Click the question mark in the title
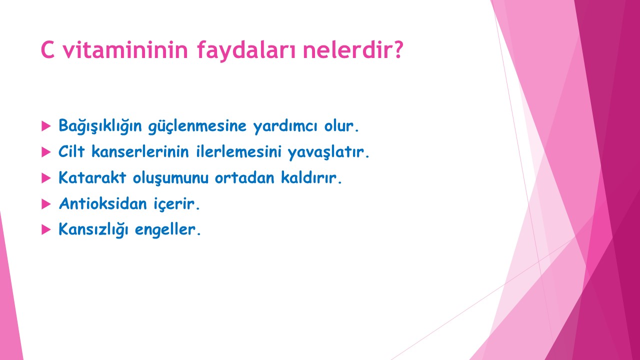coord(395,49)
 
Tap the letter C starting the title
coord(47,49)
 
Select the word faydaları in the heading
coord(246,50)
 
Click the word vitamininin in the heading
coord(125,49)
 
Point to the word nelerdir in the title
coord(342,49)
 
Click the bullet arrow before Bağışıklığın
coord(46,126)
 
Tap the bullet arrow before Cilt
coord(46,152)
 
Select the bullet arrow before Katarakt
coord(46,178)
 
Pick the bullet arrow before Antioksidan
coord(46,204)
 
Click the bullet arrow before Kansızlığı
coord(46,229)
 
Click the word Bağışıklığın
coord(100,126)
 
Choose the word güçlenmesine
coord(197,126)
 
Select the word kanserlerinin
coord(140,151)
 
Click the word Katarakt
coord(92,177)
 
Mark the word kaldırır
coord(309,177)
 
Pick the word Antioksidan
coord(102,203)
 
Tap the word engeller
coord(165,230)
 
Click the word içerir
coord(174,204)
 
